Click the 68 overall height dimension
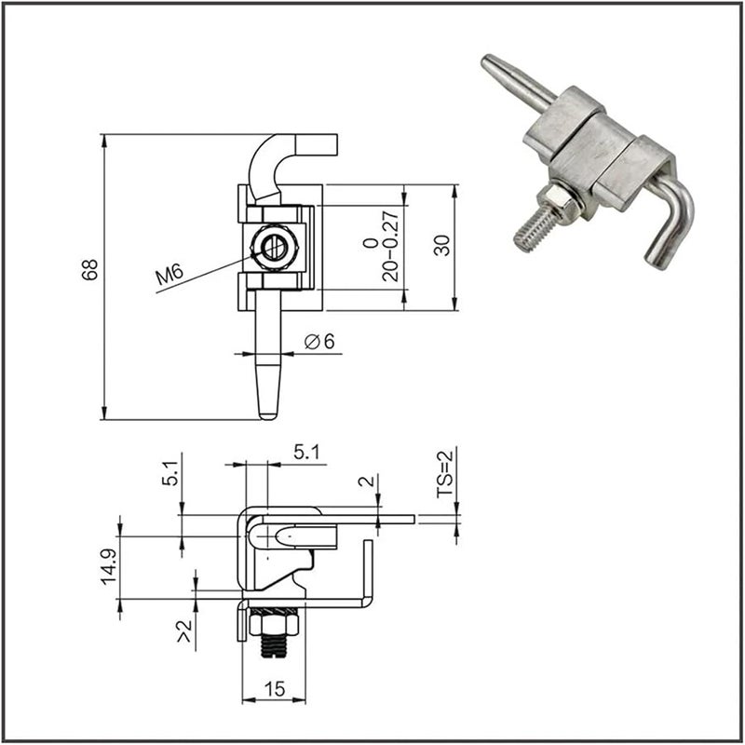(x=90, y=271)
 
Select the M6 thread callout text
(x=170, y=275)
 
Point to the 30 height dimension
(x=442, y=246)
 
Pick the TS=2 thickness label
(x=445, y=473)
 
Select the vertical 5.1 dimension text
(x=169, y=474)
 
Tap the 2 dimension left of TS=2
(x=370, y=481)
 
